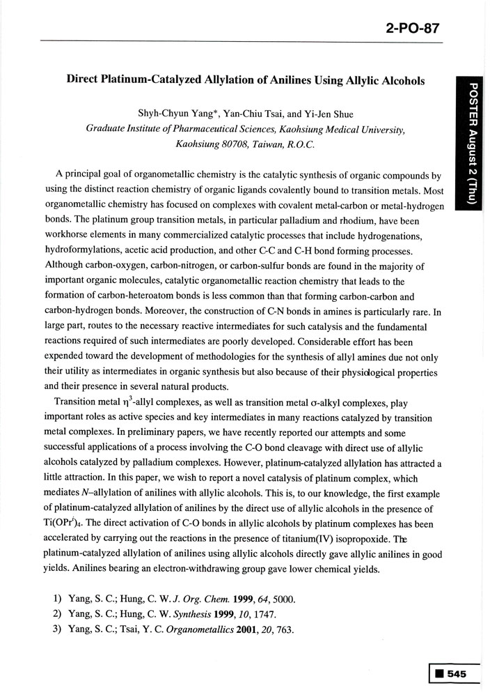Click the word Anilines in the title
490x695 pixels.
point(284,80)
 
